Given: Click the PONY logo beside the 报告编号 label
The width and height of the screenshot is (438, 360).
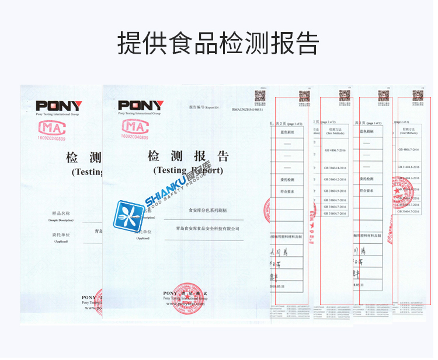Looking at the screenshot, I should point(141,106).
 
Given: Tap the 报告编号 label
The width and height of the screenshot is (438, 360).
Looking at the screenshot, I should point(195,109).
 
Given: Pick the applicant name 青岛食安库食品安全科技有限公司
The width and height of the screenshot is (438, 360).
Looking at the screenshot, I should point(203,229).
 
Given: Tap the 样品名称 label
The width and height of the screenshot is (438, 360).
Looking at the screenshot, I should point(61,214).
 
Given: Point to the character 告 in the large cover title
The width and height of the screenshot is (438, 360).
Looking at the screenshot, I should point(223,156).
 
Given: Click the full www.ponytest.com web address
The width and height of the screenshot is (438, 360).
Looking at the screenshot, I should point(193,304).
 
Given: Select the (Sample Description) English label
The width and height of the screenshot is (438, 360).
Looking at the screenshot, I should point(61,221).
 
